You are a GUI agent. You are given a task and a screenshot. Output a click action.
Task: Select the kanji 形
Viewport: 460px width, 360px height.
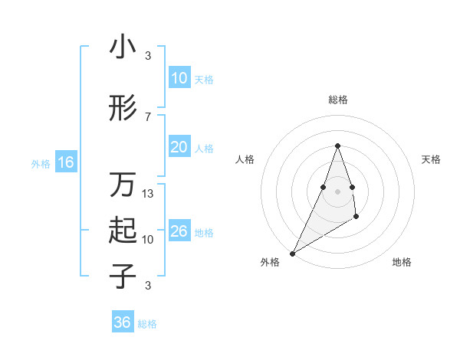(x=123, y=109)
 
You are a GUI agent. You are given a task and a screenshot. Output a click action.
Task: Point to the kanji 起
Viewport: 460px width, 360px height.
(x=123, y=231)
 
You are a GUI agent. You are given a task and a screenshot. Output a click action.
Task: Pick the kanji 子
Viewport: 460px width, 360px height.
(x=123, y=276)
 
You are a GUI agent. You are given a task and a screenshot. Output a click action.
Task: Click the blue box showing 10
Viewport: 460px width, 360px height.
(x=179, y=78)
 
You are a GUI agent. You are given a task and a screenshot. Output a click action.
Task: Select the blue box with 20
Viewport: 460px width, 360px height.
(x=179, y=147)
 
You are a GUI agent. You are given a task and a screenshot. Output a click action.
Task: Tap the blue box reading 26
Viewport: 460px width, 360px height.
(x=179, y=231)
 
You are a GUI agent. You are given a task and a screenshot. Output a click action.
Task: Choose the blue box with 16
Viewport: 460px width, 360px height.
(x=65, y=162)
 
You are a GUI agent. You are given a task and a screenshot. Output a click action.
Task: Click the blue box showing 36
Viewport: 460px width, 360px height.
(x=122, y=322)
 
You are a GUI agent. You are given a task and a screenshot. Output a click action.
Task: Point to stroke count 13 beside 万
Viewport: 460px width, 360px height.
(x=148, y=194)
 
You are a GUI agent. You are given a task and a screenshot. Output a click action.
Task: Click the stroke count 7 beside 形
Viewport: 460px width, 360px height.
(x=147, y=116)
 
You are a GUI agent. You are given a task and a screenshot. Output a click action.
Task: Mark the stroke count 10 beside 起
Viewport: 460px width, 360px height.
(x=148, y=239)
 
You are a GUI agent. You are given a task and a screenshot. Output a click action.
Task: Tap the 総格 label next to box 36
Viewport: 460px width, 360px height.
(x=147, y=324)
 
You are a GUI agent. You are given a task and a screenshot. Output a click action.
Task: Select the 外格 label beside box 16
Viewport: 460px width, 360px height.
(x=40, y=163)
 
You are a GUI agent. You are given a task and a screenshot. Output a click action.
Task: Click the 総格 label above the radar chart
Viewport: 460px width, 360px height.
(x=337, y=100)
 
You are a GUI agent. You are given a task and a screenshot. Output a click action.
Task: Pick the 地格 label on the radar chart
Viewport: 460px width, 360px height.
(x=402, y=262)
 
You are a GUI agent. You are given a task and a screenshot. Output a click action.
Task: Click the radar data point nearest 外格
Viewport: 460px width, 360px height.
(x=292, y=253)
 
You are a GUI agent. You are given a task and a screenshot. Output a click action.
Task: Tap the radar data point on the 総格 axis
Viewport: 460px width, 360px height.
(x=337, y=146)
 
